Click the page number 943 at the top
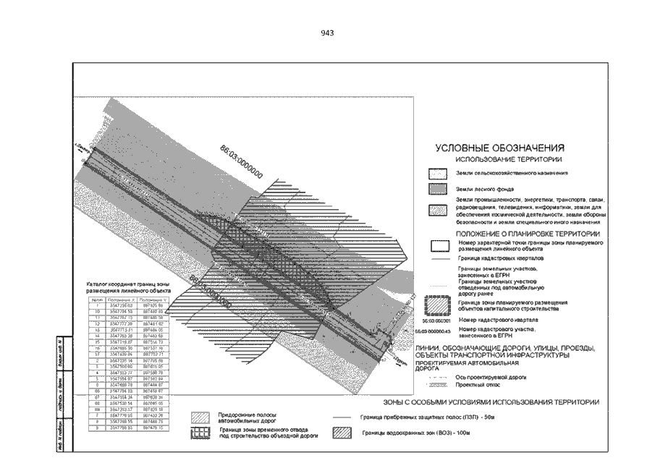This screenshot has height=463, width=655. click(x=327, y=33)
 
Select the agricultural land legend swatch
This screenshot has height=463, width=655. click(x=439, y=174)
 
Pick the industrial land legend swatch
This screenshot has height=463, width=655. click(x=439, y=211)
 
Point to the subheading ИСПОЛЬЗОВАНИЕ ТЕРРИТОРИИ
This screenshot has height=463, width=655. click(x=510, y=158)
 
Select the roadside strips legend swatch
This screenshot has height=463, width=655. click(x=202, y=417)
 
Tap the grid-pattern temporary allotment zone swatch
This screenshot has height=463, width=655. click(x=202, y=433)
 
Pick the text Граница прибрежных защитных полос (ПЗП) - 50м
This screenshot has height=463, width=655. click(x=418, y=417)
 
